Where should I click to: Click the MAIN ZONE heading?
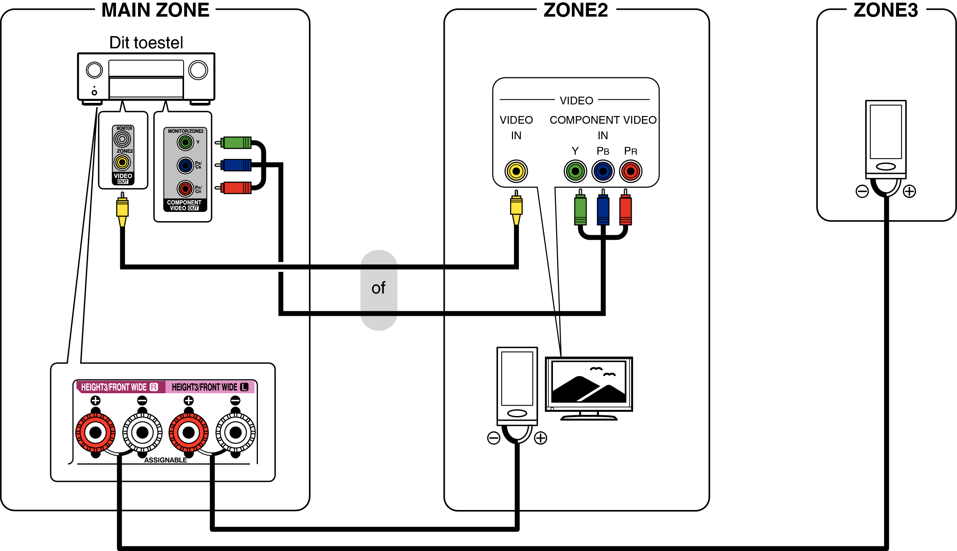(155, 10)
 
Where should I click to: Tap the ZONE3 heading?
(885, 10)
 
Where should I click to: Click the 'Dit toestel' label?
(146, 43)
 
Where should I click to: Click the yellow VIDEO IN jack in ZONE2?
(516, 171)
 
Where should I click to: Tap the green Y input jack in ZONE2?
(575, 171)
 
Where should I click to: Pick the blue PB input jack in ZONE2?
(602, 171)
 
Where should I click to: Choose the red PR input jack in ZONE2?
(630, 171)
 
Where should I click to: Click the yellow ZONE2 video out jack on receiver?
(122, 162)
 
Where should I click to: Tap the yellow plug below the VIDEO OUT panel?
(122, 209)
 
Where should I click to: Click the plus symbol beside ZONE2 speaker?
(540, 438)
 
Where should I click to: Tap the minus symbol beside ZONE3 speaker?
(862, 191)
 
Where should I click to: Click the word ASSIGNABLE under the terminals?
(165, 460)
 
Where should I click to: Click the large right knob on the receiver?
(198, 70)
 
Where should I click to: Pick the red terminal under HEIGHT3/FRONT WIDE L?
(188, 433)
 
